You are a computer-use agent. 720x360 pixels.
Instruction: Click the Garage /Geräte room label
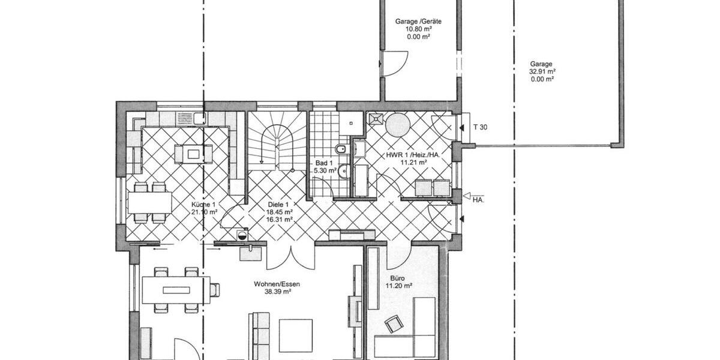414,21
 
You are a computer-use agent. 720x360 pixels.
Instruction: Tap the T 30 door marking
480,127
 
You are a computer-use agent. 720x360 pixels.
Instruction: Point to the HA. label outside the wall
478,200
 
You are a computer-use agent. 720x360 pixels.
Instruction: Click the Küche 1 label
203,204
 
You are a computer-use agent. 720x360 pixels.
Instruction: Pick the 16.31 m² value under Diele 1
280,220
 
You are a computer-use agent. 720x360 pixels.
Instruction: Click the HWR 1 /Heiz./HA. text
413,155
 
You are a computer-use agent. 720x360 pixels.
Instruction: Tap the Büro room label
398,278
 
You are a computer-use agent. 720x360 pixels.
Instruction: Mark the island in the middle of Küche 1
193,154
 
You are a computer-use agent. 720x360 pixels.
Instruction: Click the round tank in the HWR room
397,125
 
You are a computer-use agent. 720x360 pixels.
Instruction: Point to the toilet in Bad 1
340,149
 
